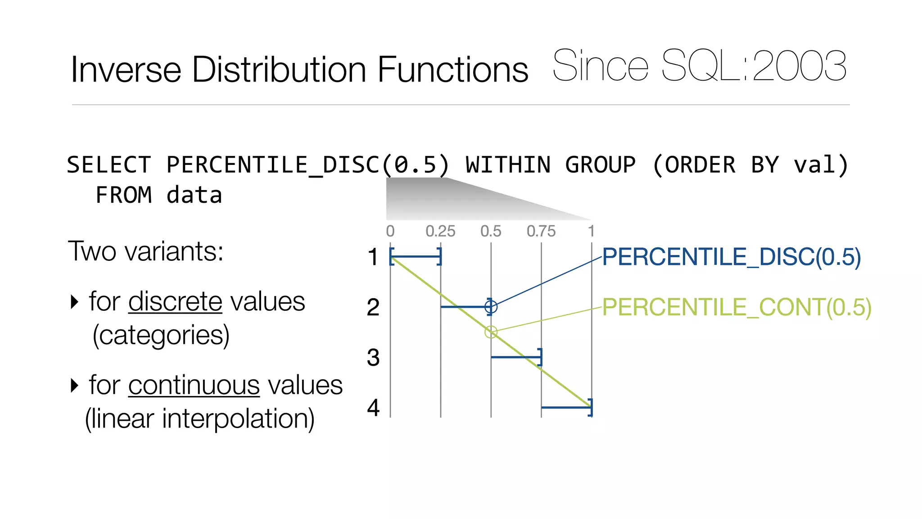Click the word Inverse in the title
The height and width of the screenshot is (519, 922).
click(126, 70)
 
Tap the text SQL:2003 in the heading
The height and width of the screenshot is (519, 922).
click(754, 66)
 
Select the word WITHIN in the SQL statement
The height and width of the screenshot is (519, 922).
click(508, 165)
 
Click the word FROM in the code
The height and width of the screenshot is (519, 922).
click(124, 196)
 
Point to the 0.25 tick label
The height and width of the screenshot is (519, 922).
click(440, 232)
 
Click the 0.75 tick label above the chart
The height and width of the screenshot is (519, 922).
click(541, 232)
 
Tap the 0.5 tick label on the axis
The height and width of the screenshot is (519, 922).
click(491, 232)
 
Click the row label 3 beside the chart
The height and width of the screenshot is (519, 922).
click(373, 358)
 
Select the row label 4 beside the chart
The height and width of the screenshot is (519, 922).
click(373, 408)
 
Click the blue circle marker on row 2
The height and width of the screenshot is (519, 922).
click(491, 307)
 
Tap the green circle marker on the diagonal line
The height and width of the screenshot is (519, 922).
click(491, 332)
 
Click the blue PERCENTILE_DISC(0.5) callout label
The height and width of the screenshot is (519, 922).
click(731, 257)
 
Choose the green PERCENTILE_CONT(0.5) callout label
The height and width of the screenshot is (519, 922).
click(737, 308)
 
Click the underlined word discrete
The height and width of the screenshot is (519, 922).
click(175, 302)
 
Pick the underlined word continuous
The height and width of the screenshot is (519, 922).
click(194, 386)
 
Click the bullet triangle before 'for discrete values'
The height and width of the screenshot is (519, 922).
click(75, 301)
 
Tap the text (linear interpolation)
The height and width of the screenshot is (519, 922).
click(199, 419)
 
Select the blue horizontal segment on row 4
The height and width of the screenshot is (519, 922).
click(566, 407)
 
